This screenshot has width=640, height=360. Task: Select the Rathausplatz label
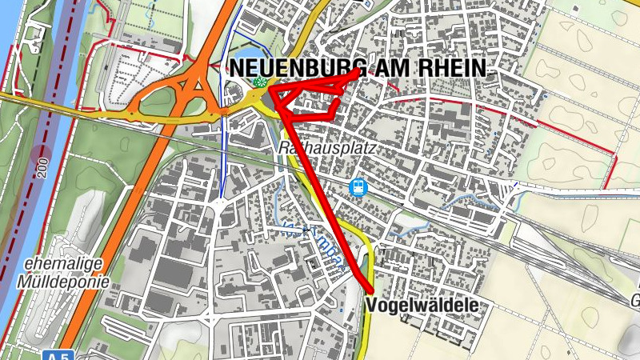[x=318, y=149]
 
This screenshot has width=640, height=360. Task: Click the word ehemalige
[x=54, y=265]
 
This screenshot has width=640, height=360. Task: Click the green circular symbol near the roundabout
[x=258, y=82]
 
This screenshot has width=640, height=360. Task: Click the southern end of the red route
[x=373, y=291]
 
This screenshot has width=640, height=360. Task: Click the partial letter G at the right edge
[x=634, y=301]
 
